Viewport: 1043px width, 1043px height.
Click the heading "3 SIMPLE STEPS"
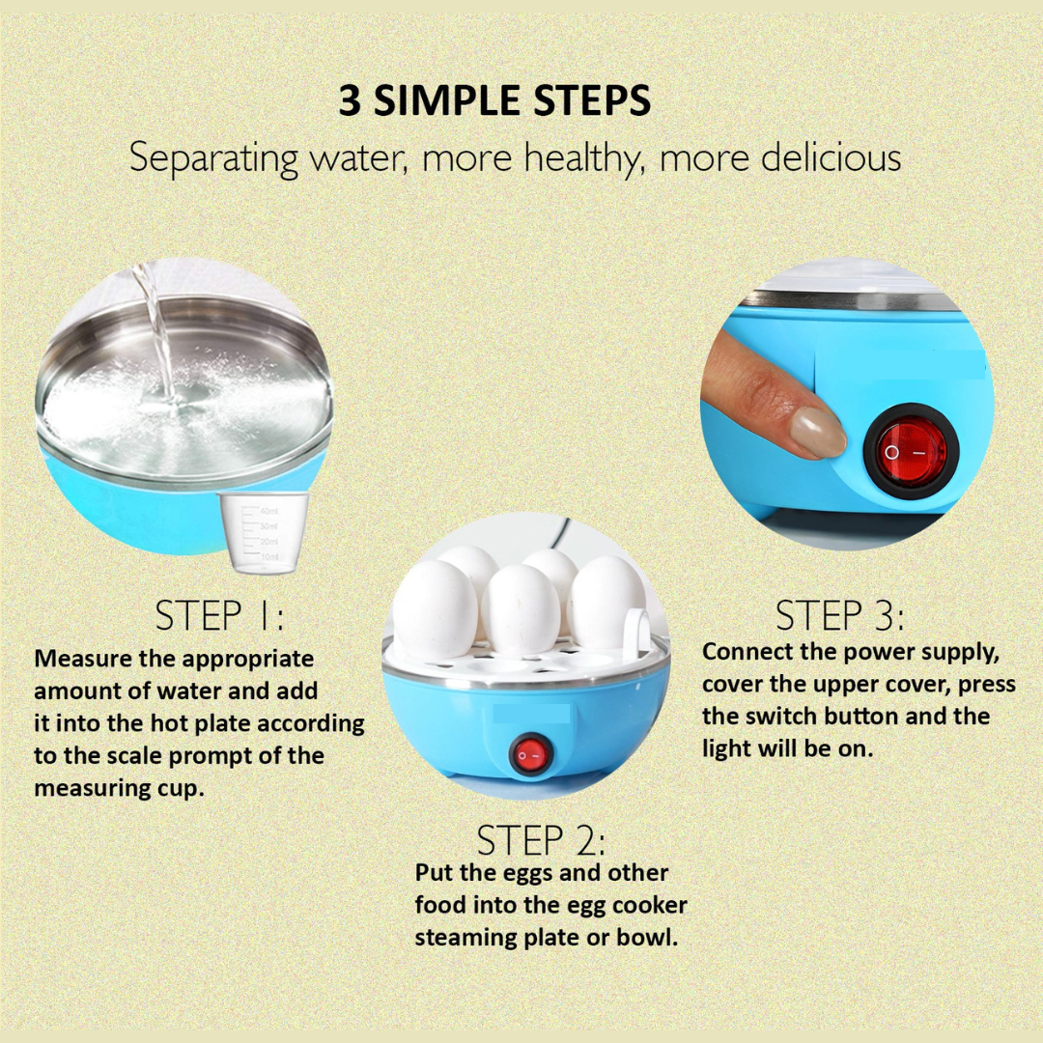(494, 100)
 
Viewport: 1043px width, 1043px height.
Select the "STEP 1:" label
(219, 615)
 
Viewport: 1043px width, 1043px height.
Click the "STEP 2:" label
(541, 840)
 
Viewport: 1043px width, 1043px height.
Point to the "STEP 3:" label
(839, 615)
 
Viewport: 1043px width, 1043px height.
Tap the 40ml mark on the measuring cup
(268, 511)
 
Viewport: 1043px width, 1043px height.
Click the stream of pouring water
(155, 332)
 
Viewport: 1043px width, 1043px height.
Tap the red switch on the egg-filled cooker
(531, 755)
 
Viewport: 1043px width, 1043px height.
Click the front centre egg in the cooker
(521, 609)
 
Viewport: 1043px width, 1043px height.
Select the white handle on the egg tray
(636, 631)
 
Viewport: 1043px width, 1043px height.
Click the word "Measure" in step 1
(83, 659)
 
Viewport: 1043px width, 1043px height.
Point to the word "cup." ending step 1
(181, 790)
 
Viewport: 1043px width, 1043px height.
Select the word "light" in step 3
(726, 749)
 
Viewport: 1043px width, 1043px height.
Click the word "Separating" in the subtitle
(213, 159)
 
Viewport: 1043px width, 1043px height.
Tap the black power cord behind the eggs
(562, 533)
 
